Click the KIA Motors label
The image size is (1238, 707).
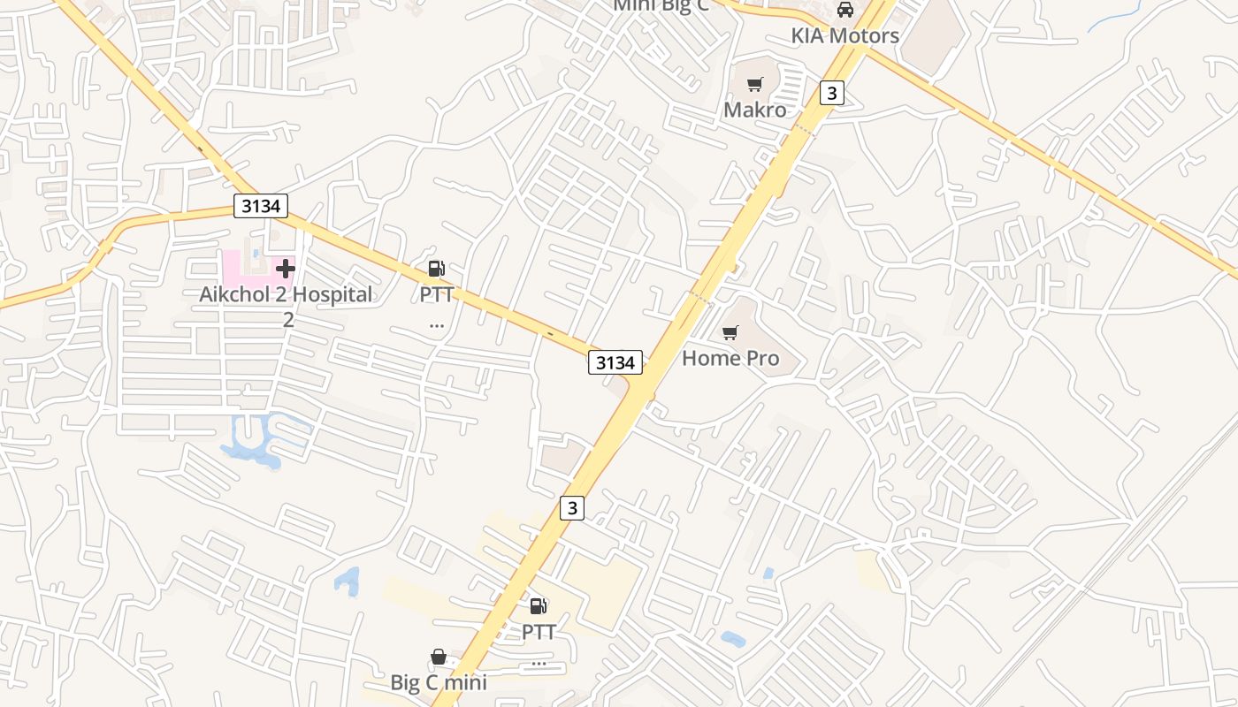[844, 35]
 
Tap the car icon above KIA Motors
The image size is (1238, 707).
[845, 10]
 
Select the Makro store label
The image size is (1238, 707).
[754, 110]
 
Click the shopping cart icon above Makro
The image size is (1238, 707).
[754, 85]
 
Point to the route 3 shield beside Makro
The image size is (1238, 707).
[831, 92]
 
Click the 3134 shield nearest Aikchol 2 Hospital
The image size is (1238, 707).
[262, 207]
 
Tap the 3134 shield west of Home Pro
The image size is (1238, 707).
[615, 361]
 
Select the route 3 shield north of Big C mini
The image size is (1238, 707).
[572, 507]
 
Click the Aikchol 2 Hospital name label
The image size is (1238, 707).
[286, 294]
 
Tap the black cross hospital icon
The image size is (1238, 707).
[286, 268]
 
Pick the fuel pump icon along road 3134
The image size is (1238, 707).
[436, 269]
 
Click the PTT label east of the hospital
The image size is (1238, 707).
[436, 293]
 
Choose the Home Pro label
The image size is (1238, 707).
[730, 358]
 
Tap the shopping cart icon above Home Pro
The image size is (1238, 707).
[730, 332]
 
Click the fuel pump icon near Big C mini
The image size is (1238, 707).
[538, 606]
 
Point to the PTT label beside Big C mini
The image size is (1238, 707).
[538, 632]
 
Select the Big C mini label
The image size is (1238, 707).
[439, 682]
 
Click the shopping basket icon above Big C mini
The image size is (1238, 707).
[438, 657]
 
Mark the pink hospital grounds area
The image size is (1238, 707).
[239, 265]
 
